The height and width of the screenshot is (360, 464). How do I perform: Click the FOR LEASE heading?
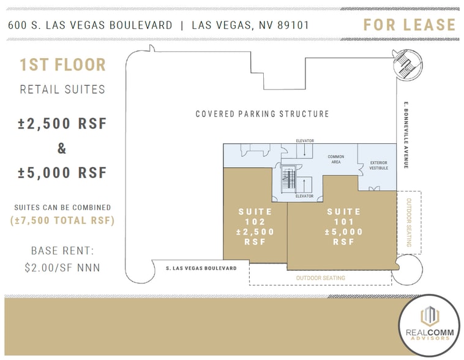(x=409, y=24)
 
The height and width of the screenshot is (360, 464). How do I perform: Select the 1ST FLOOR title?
(x=62, y=65)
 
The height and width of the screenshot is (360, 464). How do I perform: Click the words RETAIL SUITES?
(x=62, y=89)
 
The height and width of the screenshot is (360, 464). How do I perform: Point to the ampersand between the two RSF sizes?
(x=62, y=148)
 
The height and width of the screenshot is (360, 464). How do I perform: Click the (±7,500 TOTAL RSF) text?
(x=62, y=220)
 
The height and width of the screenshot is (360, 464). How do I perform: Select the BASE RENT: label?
(x=62, y=251)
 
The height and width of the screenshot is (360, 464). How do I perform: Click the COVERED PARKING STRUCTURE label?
(x=262, y=114)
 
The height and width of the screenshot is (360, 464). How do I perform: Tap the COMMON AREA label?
(x=335, y=159)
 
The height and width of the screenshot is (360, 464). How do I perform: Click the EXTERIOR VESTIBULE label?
(x=379, y=165)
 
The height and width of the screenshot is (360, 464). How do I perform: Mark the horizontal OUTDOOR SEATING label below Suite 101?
(x=320, y=278)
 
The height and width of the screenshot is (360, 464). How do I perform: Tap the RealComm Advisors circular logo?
(x=428, y=324)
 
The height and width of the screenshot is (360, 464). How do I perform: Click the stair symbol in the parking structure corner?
(x=406, y=61)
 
